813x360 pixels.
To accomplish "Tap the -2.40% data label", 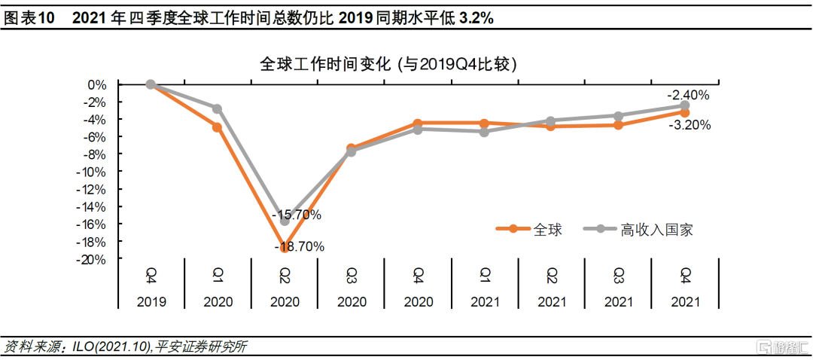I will (x=688, y=95).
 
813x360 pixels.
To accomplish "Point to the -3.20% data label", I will (x=689, y=126).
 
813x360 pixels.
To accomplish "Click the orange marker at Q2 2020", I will (x=285, y=247).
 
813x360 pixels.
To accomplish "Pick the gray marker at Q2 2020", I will (x=285, y=221).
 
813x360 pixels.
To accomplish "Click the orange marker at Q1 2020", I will (x=217, y=127).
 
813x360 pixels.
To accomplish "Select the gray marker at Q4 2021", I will (x=685, y=105).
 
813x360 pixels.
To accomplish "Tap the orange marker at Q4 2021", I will (x=685, y=112).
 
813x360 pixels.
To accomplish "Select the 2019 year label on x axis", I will (x=151, y=301).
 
